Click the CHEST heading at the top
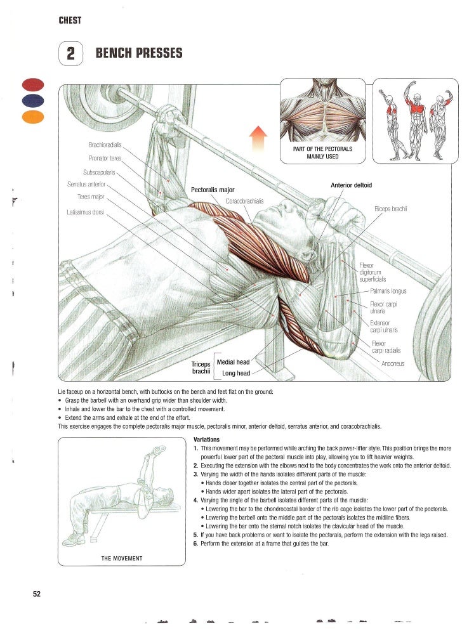(x=70, y=20)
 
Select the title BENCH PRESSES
(x=138, y=54)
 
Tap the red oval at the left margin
(x=32, y=84)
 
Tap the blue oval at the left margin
(x=32, y=100)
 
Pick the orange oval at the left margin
(x=32, y=116)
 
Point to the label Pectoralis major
(x=213, y=190)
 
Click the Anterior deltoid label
(x=351, y=185)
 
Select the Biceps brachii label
(x=390, y=209)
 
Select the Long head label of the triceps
(x=235, y=374)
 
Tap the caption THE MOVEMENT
(x=122, y=558)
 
